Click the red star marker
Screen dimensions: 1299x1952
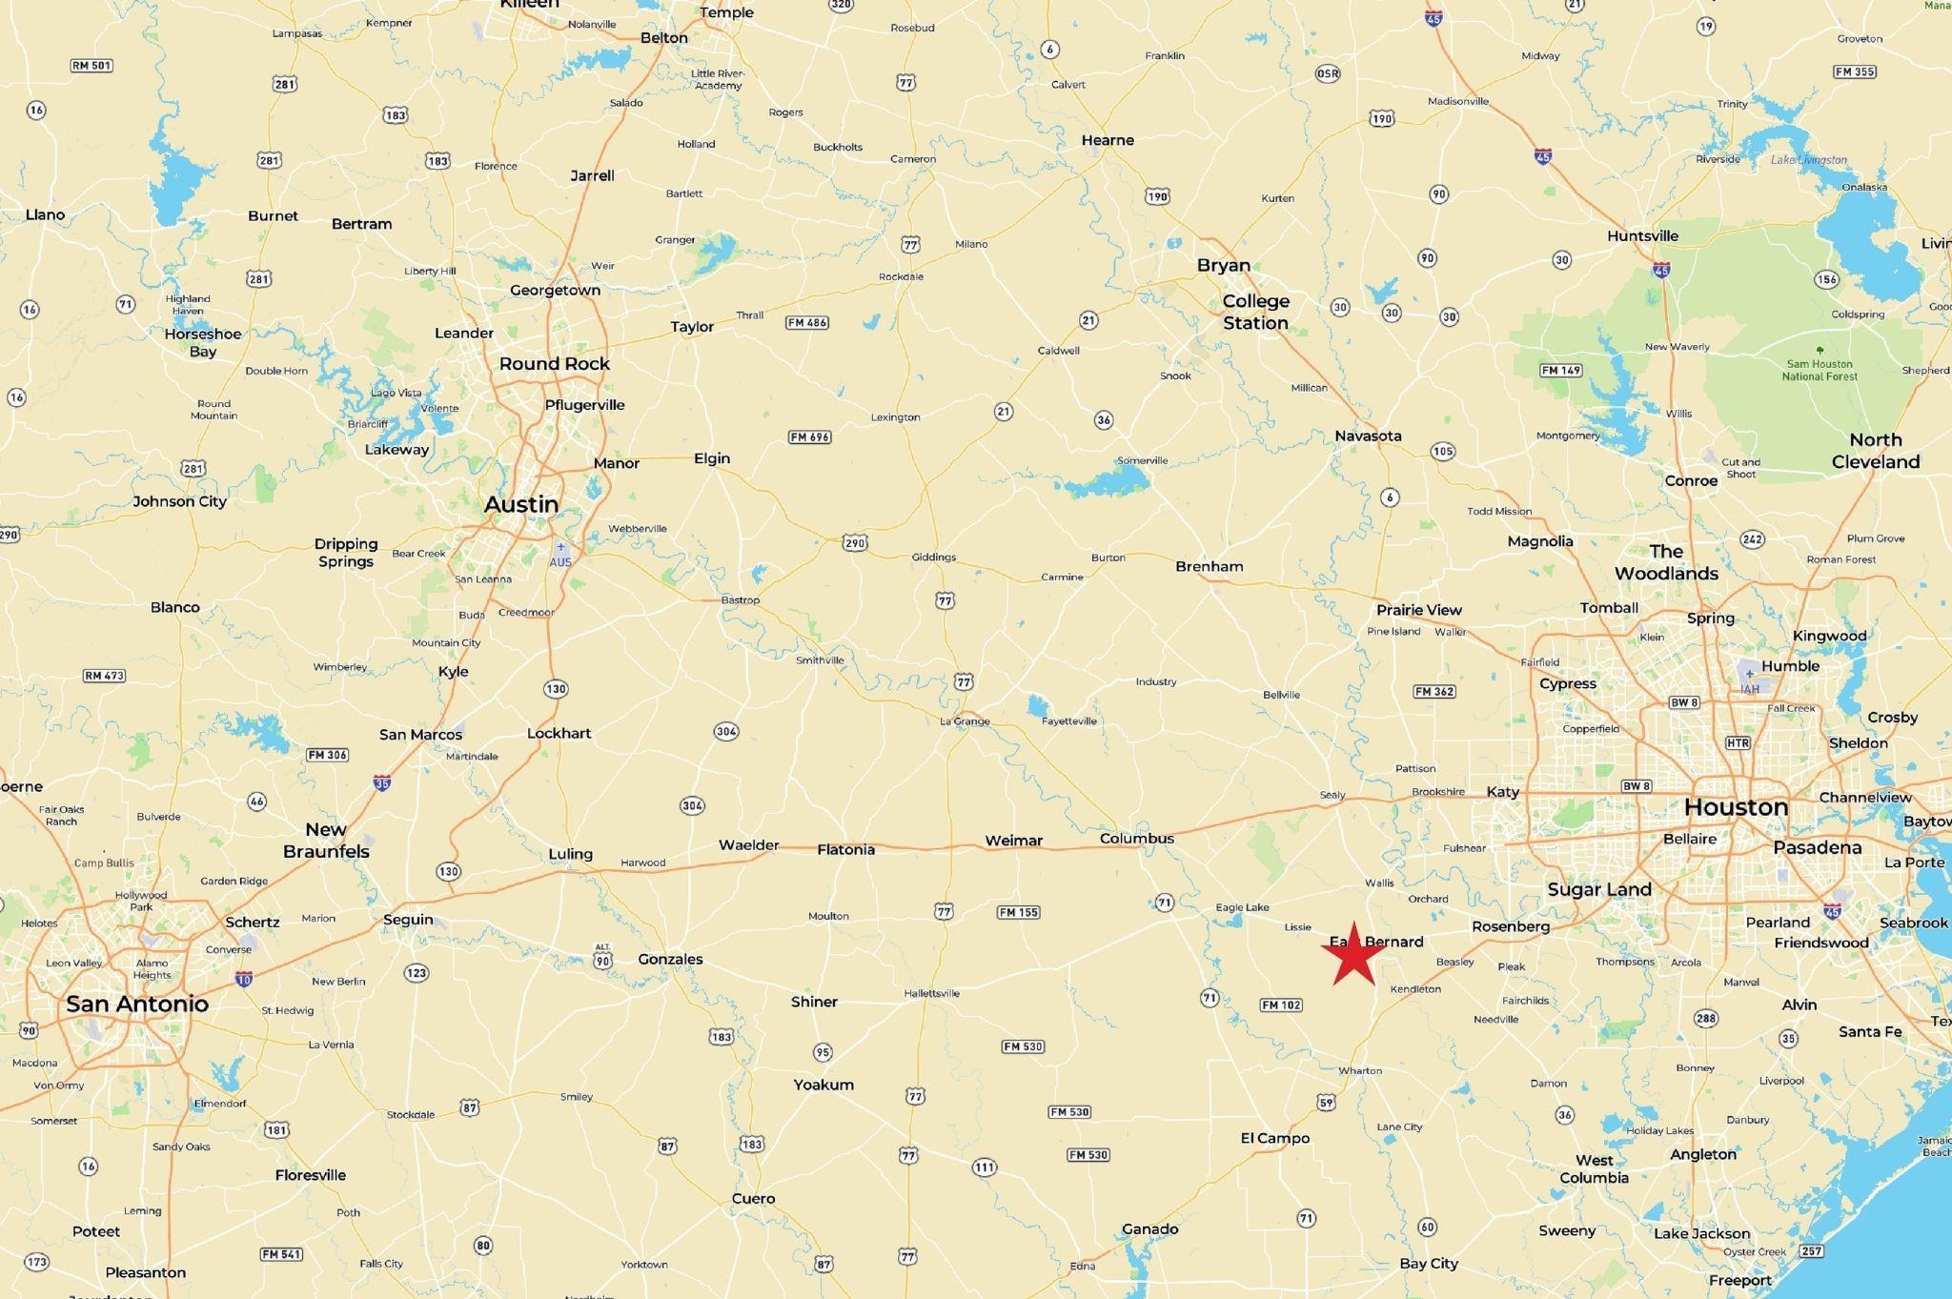1353,955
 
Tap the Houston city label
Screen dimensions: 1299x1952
1736,807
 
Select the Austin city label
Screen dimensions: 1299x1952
521,504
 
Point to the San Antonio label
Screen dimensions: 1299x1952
137,1004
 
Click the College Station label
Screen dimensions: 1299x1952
1256,312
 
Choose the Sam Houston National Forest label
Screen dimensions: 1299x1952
1820,370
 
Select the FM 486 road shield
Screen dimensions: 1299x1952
806,322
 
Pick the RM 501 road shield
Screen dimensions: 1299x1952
92,66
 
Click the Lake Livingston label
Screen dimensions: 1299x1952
1808,160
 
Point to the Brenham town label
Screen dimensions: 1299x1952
1209,566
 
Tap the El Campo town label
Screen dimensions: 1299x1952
1274,1138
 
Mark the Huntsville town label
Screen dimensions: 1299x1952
1642,236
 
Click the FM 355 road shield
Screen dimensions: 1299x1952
1855,71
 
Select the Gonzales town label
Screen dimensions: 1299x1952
670,959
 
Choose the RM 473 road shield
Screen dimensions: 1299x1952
105,676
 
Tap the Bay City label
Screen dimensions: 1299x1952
1429,1264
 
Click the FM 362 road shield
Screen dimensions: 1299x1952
1434,691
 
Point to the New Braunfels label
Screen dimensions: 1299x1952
326,840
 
